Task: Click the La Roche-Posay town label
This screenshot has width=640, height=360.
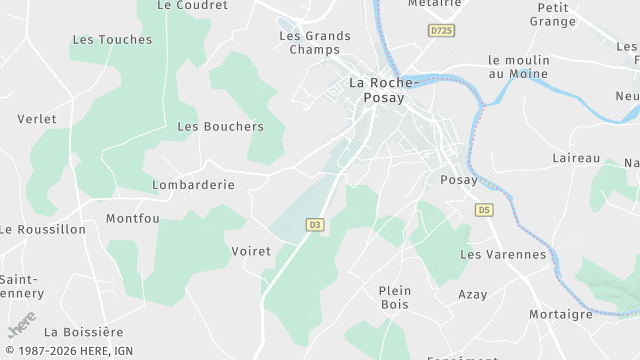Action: tap(376, 91)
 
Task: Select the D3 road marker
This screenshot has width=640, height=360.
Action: tap(315, 225)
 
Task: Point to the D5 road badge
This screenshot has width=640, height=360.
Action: tap(484, 210)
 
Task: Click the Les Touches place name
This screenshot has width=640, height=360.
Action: tap(112, 40)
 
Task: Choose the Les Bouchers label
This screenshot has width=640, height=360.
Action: tap(220, 127)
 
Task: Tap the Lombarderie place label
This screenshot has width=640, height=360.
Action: tap(193, 185)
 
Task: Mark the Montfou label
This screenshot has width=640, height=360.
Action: tap(133, 218)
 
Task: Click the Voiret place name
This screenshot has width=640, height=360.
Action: tap(251, 251)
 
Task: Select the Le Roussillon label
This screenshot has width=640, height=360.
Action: tap(43, 229)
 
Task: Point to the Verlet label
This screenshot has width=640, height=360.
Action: tap(37, 119)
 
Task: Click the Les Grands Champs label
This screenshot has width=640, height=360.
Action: tap(315, 43)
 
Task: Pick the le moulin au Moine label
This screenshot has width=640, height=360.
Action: tap(519, 67)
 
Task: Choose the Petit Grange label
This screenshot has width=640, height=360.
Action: tap(552, 14)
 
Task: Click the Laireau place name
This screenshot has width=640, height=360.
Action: tap(576, 158)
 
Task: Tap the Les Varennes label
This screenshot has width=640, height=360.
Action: tap(503, 254)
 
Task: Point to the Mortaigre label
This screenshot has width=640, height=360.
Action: tap(560, 314)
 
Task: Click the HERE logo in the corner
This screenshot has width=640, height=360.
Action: tap(21, 326)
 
